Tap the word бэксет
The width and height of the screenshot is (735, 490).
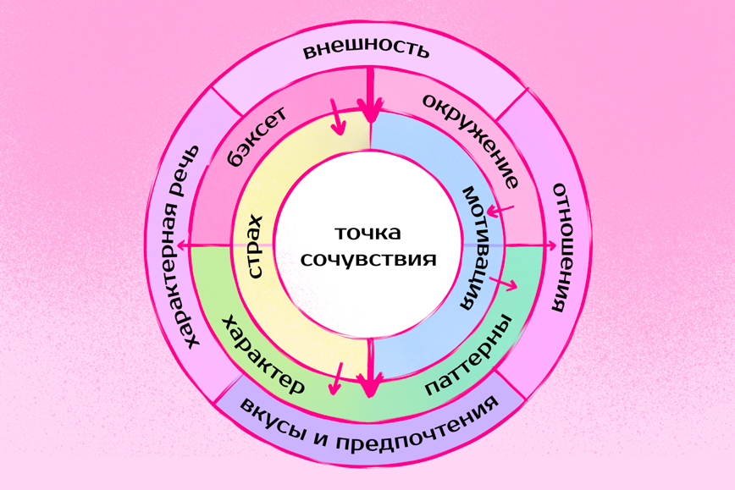(257, 135)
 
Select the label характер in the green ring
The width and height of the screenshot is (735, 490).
(262, 355)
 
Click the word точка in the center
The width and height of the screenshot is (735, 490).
(367, 233)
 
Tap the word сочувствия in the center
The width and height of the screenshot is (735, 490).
(368, 259)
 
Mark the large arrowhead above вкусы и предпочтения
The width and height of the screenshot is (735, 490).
(369, 386)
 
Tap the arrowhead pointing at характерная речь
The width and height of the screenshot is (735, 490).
(181, 246)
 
